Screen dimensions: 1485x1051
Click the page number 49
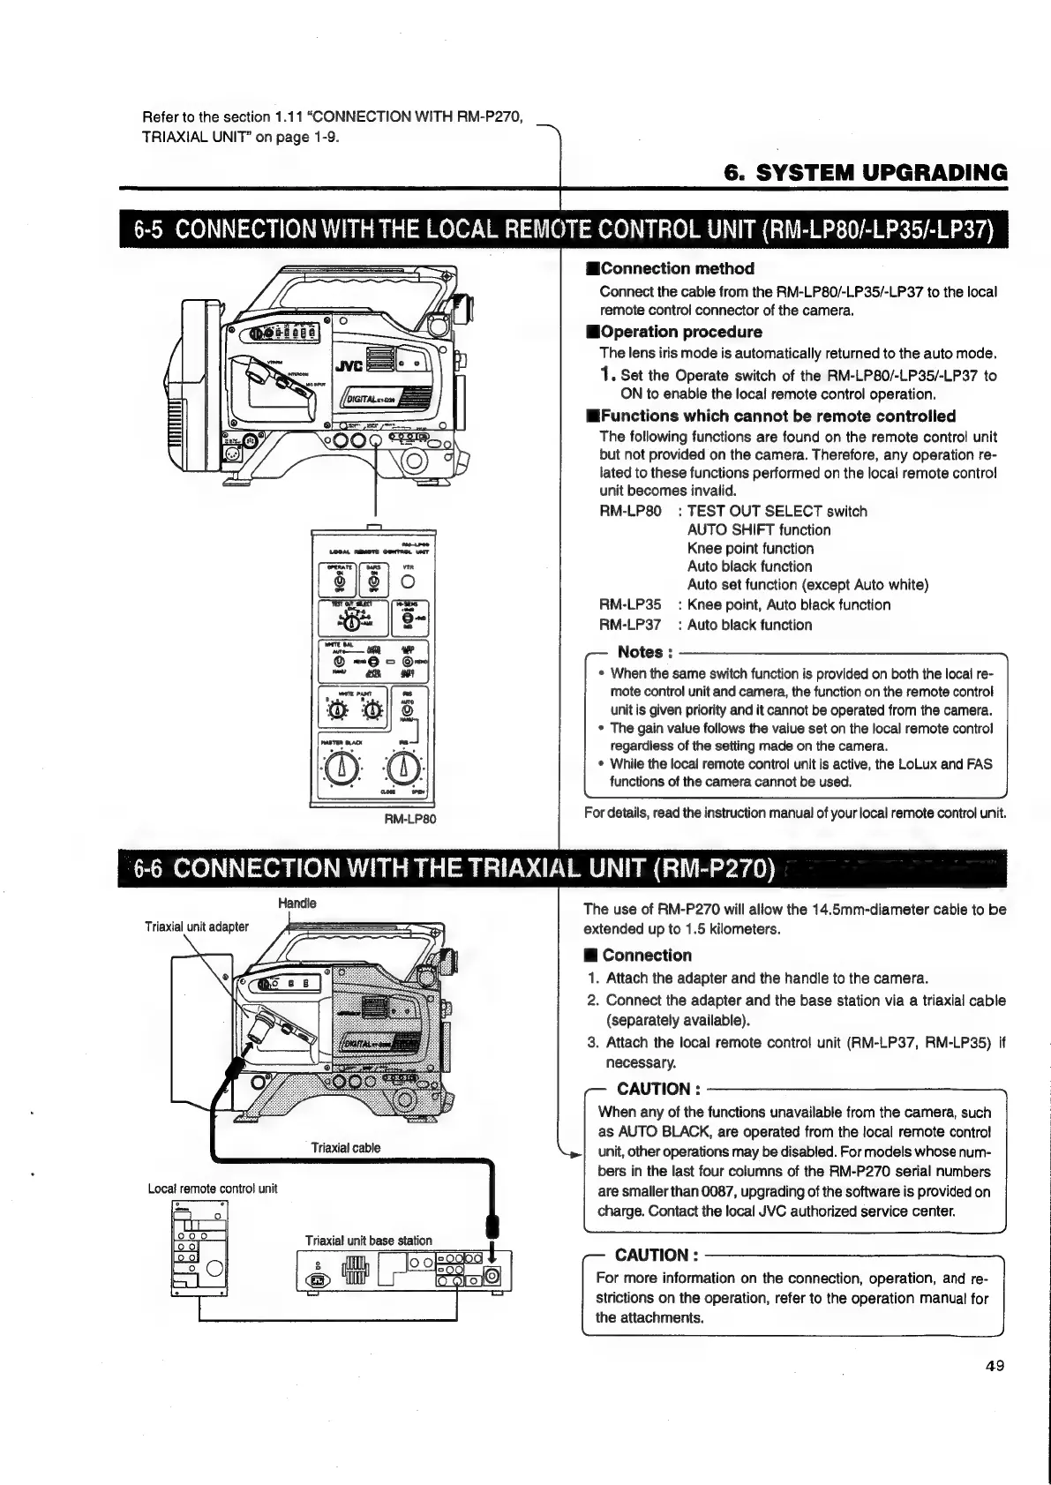(995, 1366)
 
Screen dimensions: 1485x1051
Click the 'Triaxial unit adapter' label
(197, 926)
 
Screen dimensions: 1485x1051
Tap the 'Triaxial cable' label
(346, 1148)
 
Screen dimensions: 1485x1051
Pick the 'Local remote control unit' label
(212, 1189)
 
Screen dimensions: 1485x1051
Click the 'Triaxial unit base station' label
(368, 1241)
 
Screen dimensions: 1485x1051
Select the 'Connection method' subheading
(677, 269)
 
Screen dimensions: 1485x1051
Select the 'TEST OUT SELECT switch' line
(777, 511)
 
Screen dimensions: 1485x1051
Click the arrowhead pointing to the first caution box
(574, 1154)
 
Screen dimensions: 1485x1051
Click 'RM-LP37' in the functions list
(629, 625)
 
